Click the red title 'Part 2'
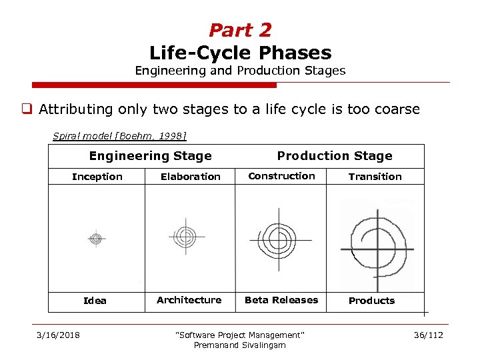click(x=240, y=30)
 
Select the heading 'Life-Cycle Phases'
click(x=240, y=52)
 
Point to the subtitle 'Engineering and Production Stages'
click(x=240, y=70)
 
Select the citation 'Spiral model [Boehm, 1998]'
click(x=119, y=136)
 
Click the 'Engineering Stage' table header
click(x=150, y=156)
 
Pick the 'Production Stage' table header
click(x=335, y=156)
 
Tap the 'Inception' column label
click(x=97, y=177)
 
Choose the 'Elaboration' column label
click(x=190, y=177)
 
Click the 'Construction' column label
click(x=281, y=176)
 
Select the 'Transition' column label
click(x=375, y=177)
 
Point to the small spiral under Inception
click(x=96, y=238)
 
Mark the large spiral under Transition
click(x=377, y=243)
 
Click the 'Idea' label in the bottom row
click(x=95, y=301)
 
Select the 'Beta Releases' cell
click(x=281, y=300)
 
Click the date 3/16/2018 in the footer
click(x=57, y=335)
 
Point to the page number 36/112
click(x=427, y=335)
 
